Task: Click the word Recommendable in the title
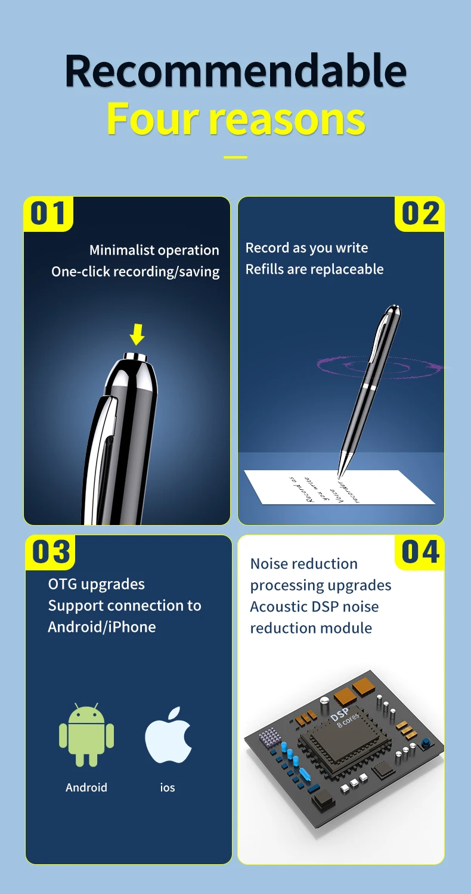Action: click(x=235, y=72)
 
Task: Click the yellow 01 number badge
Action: click(x=48, y=213)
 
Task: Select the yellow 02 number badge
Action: click(x=420, y=213)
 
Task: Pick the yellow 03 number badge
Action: click(x=51, y=551)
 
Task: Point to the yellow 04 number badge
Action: click(x=420, y=551)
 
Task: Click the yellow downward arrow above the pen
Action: click(x=137, y=334)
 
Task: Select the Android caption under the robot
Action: click(x=86, y=787)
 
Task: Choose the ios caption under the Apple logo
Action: click(x=168, y=787)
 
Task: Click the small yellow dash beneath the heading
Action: click(x=235, y=157)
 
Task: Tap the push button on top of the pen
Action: click(x=136, y=357)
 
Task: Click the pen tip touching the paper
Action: click(x=339, y=476)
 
